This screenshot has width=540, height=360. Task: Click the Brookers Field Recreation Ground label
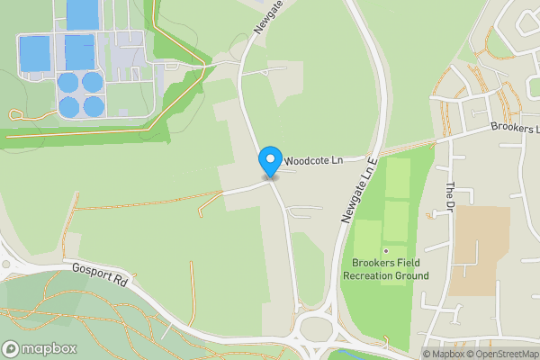pos(386,269)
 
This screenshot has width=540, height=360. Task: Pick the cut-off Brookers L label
pos(515,129)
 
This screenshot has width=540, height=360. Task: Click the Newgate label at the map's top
pos(265,18)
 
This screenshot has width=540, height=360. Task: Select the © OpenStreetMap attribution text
pos(502,354)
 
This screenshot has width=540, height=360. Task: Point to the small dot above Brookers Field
pos(386,250)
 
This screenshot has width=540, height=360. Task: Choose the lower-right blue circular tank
pos(93,106)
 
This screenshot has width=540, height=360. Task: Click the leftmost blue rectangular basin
pos(35,53)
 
